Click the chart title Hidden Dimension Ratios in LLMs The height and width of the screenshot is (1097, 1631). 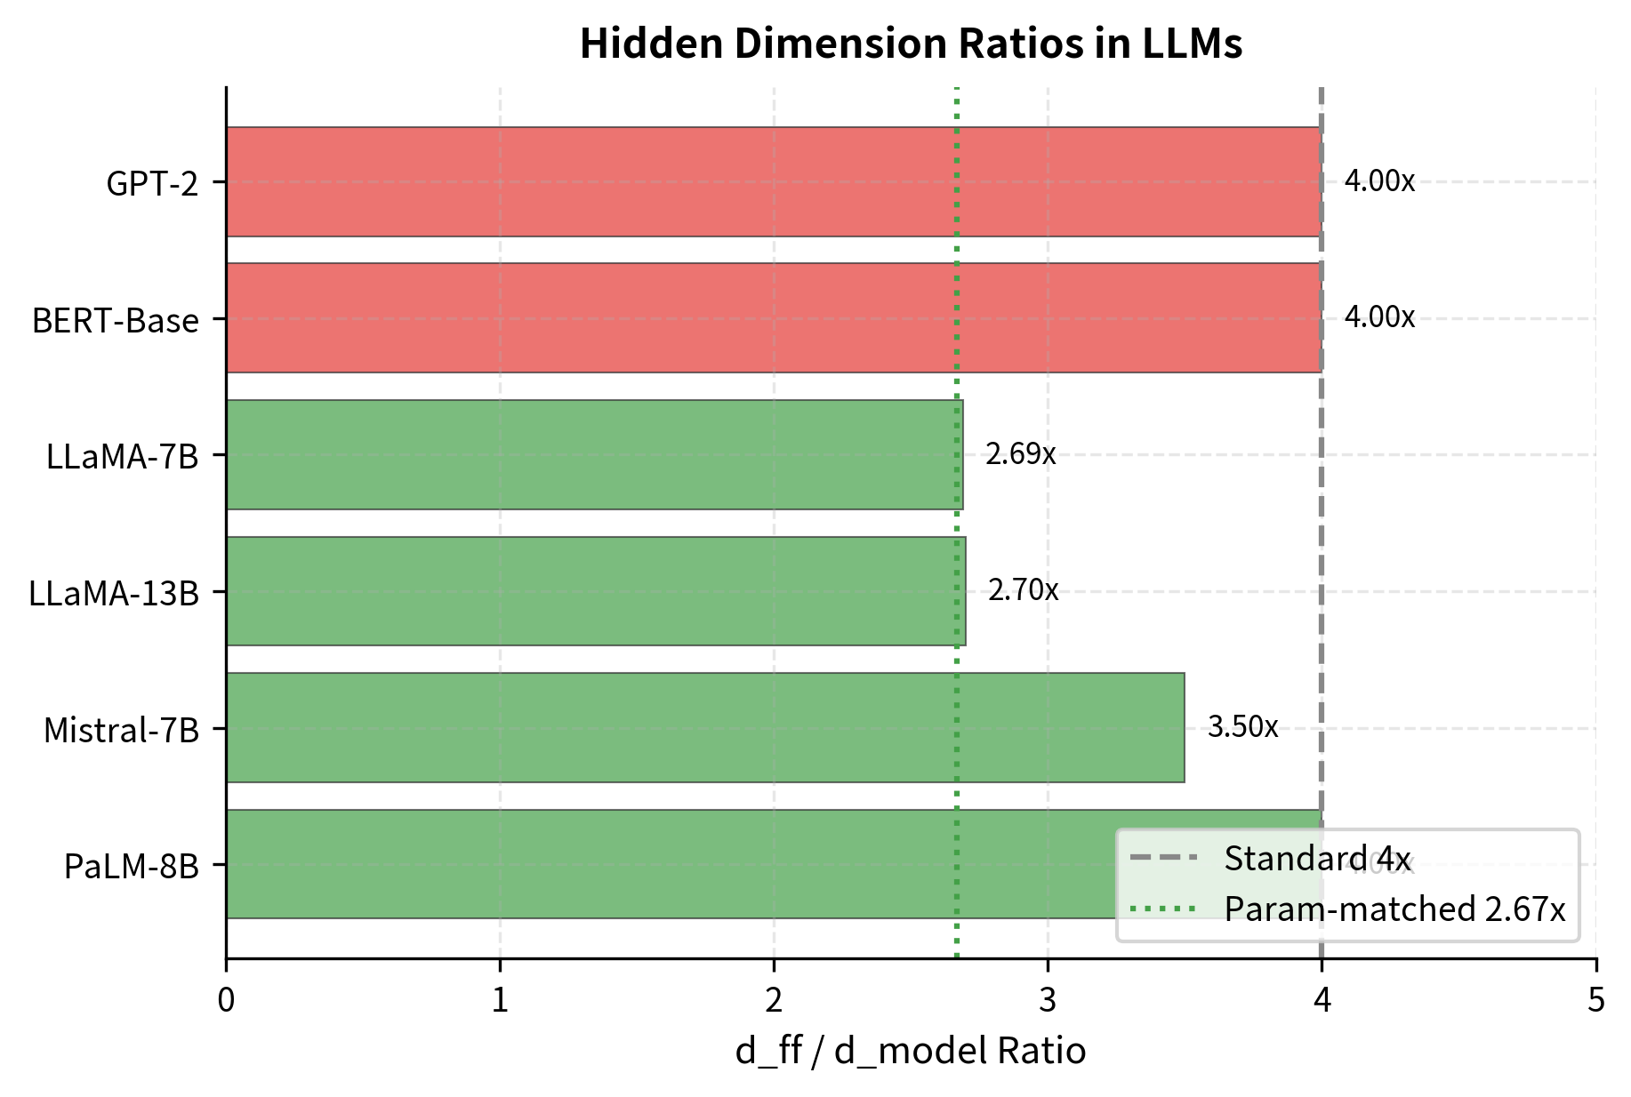911,44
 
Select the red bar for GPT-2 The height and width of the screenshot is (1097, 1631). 774,181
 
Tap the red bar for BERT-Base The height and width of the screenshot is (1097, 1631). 774,317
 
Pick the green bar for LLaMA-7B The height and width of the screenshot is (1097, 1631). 594,454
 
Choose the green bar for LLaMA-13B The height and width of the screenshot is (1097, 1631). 596,591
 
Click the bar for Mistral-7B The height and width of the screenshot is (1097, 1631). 705,727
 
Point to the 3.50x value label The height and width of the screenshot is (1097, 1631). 1242,727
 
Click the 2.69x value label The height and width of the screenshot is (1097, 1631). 1020,454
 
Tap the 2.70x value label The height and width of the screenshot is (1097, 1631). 1023,590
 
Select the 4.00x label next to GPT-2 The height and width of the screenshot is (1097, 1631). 1378,181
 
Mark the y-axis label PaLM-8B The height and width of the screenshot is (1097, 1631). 132,866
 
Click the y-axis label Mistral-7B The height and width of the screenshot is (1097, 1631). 122,730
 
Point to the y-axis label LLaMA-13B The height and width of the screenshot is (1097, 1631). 114,593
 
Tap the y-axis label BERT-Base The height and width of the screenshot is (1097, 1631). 116,320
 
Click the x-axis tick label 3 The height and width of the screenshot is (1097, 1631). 1048,1001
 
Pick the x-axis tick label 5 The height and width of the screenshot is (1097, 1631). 1596,1001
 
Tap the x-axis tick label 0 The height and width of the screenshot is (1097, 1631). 226,1001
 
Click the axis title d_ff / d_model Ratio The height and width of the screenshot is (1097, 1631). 911,1052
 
